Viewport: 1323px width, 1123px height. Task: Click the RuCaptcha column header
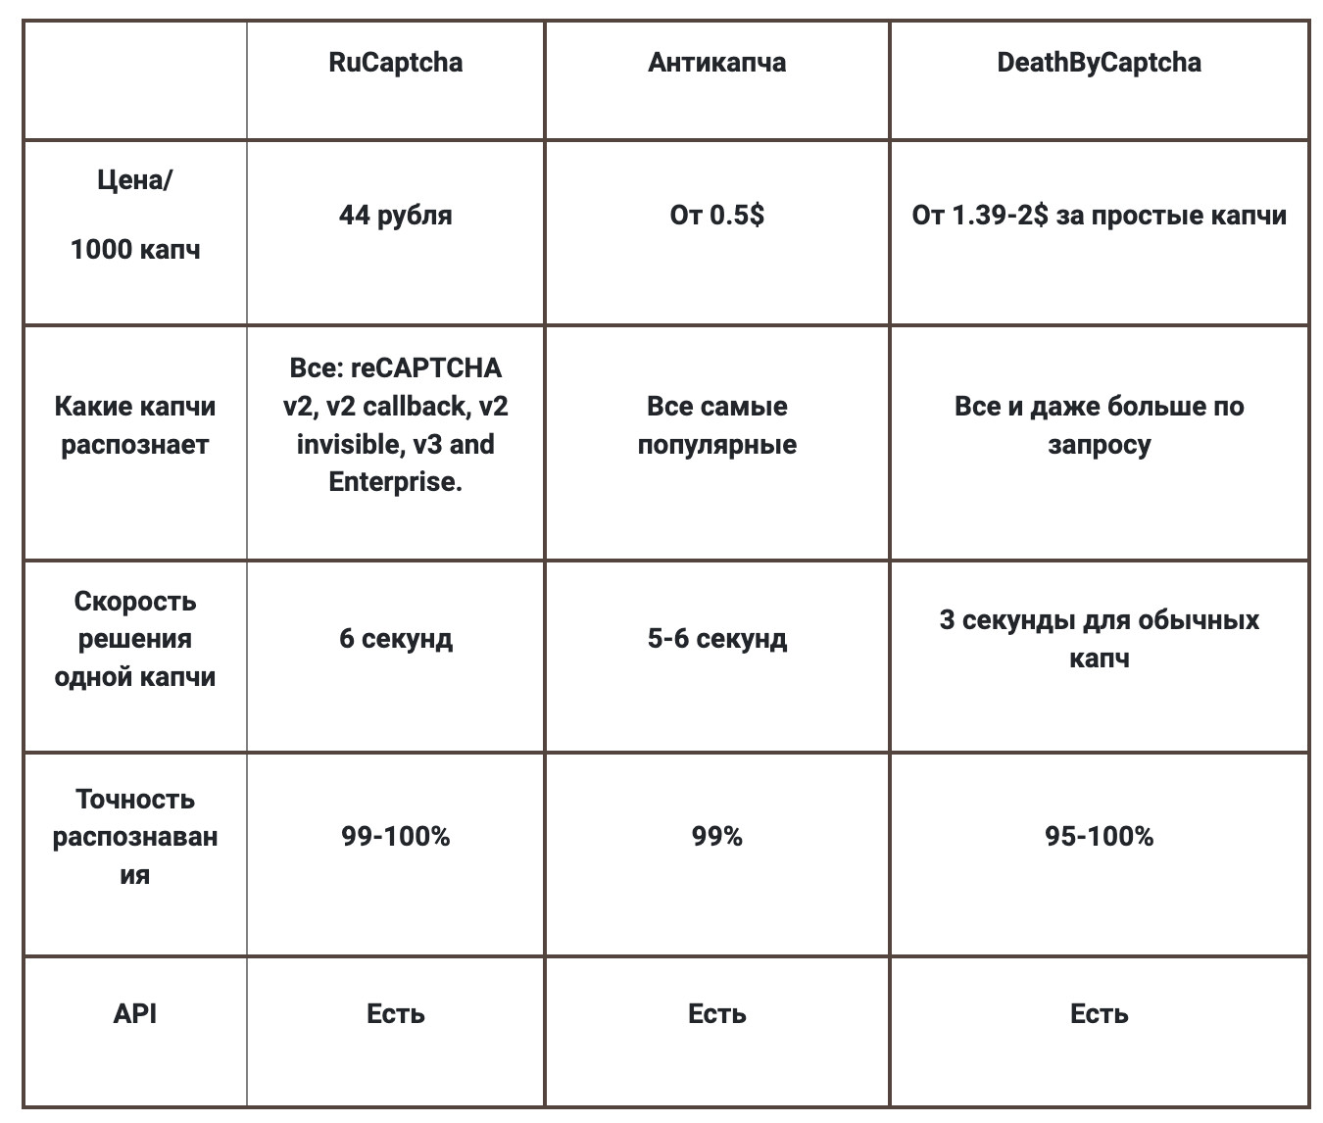[x=395, y=63]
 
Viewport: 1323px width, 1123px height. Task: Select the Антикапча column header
[x=716, y=63]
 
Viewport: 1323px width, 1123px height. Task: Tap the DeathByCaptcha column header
[x=1099, y=63]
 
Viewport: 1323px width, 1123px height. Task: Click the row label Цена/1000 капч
[x=135, y=216]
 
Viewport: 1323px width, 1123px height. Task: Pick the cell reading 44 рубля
[x=395, y=216]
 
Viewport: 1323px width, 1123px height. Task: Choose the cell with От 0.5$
[x=716, y=216]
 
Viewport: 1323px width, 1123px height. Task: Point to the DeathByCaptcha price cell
[x=1099, y=216]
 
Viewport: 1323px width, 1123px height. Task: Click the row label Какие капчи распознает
[x=135, y=425]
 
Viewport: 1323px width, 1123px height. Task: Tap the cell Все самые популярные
[x=716, y=425]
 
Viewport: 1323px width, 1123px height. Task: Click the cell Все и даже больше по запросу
[x=1099, y=425]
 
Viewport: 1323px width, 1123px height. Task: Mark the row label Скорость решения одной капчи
[x=135, y=639]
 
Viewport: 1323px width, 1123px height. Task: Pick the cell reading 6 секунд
[x=395, y=639]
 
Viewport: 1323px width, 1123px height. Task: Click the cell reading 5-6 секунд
[x=716, y=639]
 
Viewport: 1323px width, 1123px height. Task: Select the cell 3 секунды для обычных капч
[x=1099, y=639]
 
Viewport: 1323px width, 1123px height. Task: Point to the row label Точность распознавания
[x=135, y=837]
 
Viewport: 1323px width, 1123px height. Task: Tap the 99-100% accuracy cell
[x=395, y=837]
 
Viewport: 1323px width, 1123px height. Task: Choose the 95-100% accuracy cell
[x=1099, y=837]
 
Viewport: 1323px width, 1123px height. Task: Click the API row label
[x=135, y=1013]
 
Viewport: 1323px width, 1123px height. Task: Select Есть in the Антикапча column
[x=716, y=1013]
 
